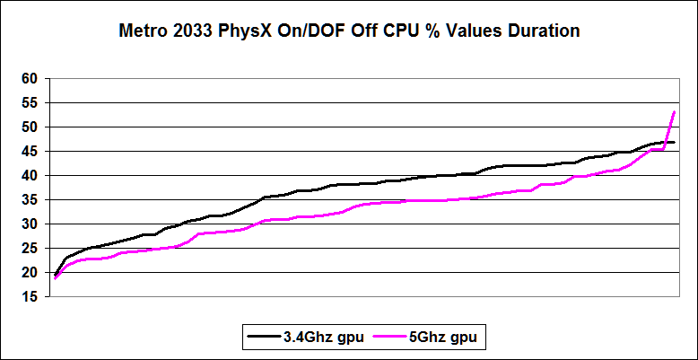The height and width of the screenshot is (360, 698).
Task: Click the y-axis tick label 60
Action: pos(29,79)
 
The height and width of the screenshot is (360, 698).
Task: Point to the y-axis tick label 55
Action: pos(29,103)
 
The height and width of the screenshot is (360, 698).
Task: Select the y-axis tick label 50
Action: pos(29,127)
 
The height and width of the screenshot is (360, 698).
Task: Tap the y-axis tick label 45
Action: pos(29,152)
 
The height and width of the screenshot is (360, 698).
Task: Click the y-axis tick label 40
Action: pos(29,176)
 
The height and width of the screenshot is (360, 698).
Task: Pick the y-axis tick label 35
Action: pos(29,200)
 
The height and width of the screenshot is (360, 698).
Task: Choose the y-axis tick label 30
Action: pos(29,224)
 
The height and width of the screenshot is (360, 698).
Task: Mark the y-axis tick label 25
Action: pos(29,249)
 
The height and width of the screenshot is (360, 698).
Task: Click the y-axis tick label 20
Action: pos(29,273)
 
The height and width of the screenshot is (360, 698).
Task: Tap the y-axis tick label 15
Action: pos(29,297)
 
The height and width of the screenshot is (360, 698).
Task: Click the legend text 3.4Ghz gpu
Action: pos(320,338)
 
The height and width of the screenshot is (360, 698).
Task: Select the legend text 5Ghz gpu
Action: pos(447,338)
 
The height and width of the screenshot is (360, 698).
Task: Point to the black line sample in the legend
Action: pos(263,338)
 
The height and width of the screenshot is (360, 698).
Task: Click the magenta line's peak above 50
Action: pos(675,111)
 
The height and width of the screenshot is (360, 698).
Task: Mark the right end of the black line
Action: pos(675,142)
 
